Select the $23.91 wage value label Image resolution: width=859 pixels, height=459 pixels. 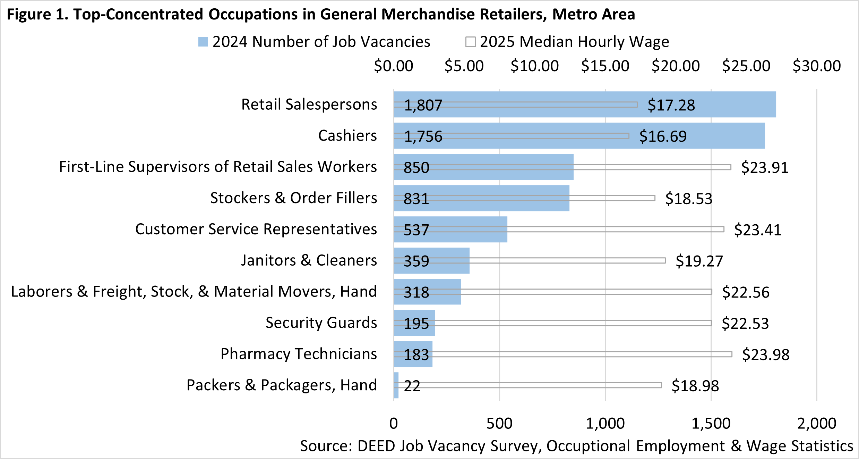[765, 167]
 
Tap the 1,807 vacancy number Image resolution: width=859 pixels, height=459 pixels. [423, 105]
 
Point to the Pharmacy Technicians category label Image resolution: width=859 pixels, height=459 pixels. [299, 354]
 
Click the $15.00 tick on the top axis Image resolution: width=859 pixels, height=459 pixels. [605, 66]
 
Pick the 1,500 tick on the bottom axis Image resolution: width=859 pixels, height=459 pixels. [711, 423]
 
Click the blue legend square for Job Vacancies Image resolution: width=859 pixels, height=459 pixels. [203, 42]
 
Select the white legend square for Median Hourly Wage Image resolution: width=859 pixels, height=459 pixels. [470, 42]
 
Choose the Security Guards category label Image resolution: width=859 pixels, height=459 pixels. [321, 323]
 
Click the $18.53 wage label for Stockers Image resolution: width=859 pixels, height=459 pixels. [689, 199]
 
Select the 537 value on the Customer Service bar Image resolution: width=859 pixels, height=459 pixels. [416, 230]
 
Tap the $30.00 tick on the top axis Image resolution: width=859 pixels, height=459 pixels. [817, 66]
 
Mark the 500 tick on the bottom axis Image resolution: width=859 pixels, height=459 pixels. [499, 423]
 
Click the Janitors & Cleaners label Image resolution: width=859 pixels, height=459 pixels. [309, 260]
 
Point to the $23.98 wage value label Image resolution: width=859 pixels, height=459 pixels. [766, 354]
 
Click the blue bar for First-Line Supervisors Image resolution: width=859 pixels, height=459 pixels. [520, 174]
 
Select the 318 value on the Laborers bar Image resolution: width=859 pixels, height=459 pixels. [416, 292]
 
